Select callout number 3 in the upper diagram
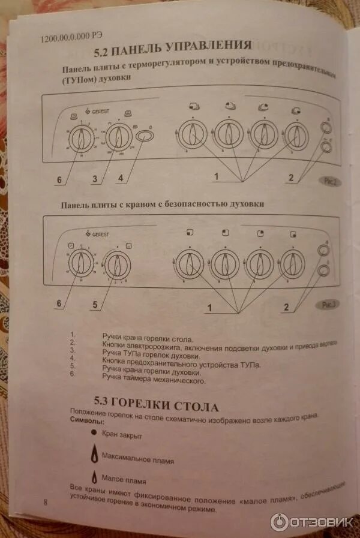coord(94,178)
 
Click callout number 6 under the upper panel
coord(59,178)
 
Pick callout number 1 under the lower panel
coord(210,308)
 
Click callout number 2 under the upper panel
coord(291,177)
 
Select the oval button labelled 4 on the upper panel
coord(143,137)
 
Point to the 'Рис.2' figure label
coord(329,180)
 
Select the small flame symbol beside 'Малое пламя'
coord(93,478)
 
